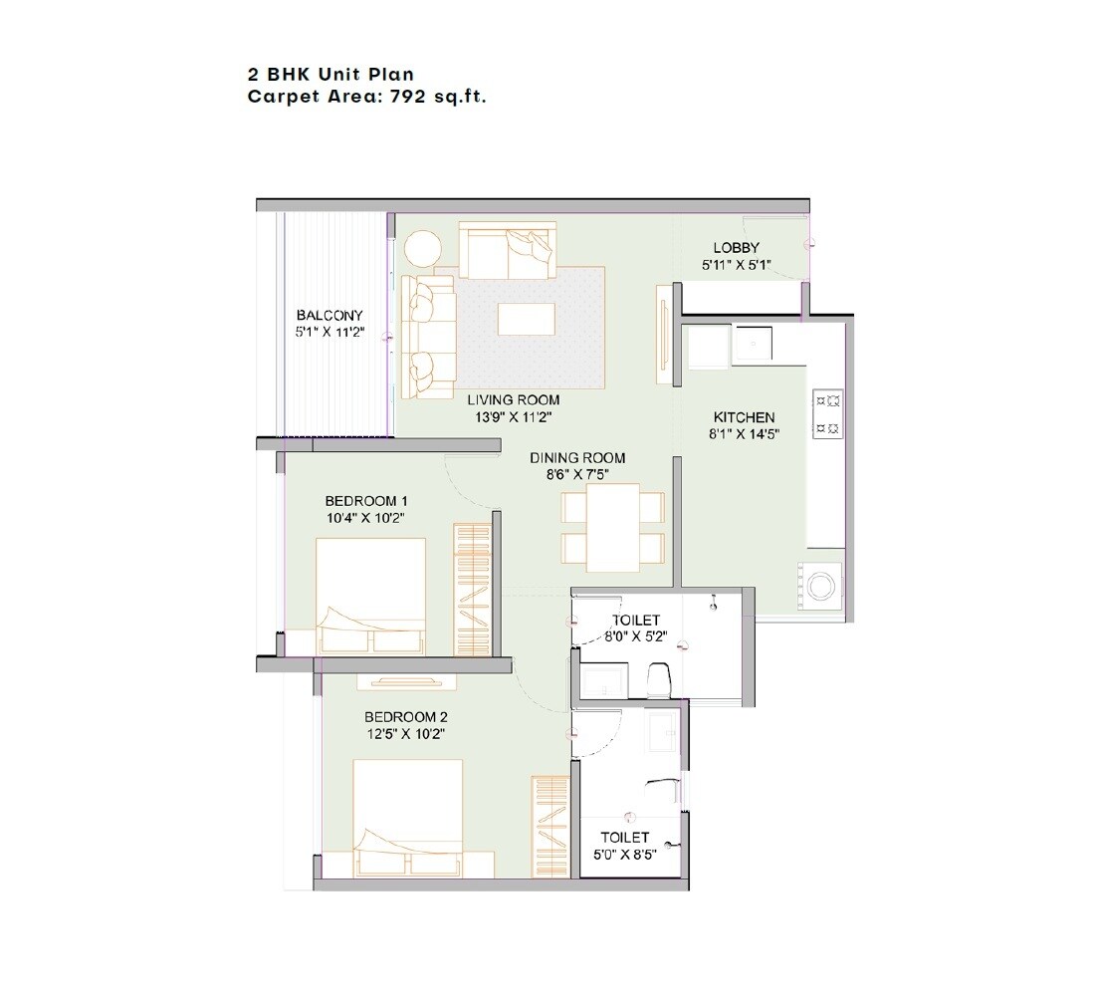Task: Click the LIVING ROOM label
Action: [514, 400]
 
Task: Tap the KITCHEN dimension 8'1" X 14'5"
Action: [744, 434]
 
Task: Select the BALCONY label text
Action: [328, 316]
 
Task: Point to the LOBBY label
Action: [736, 248]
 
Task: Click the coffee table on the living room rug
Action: [527, 319]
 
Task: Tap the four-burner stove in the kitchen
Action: [828, 414]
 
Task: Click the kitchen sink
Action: [753, 345]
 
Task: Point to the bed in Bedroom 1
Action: [371, 596]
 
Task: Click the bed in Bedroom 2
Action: [408, 817]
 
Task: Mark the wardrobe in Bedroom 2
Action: [548, 826]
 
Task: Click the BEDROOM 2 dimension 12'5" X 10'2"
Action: [403, 734]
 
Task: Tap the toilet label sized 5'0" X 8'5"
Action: [625, 855]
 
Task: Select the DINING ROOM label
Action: [577, 458]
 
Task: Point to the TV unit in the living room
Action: [662, 336]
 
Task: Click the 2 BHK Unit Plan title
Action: [330, 75]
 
